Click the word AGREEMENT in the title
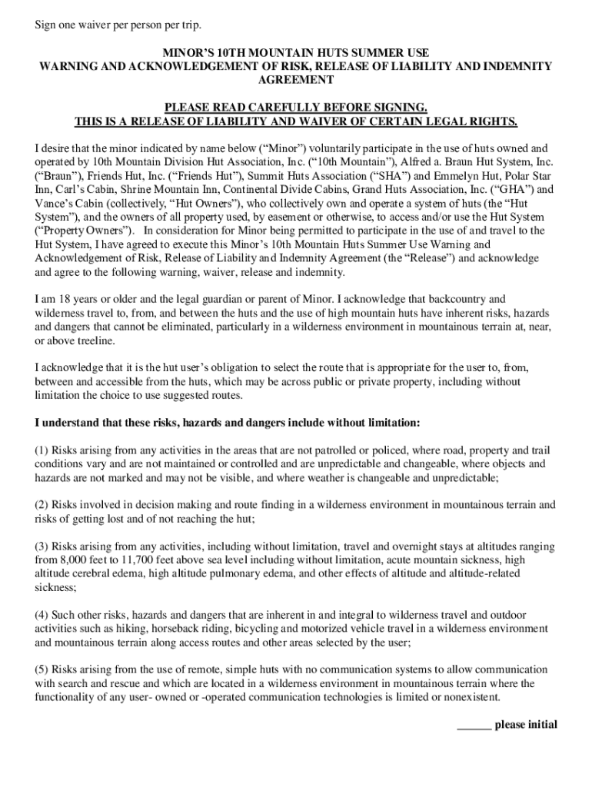(295, 80)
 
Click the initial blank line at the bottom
(474, 725)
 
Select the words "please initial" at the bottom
(526, 725)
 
